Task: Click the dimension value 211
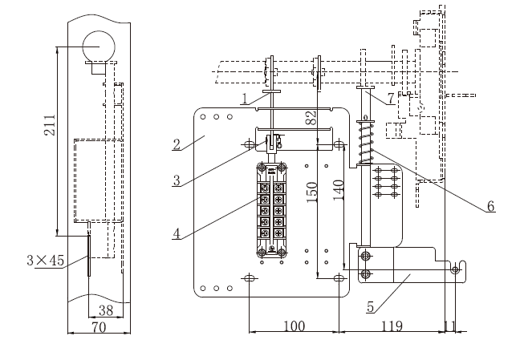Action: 50,125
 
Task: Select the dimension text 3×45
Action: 45,261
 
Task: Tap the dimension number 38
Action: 106,310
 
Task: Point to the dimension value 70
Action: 99,327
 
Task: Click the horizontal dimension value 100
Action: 295,326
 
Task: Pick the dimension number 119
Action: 392,326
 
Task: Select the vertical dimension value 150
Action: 311,192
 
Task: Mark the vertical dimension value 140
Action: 339,190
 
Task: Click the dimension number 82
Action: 311,118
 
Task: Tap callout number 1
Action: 245,99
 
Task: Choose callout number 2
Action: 177,144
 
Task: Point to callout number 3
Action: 177,180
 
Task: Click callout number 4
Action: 177,233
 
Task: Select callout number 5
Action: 371,307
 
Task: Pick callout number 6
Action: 491,206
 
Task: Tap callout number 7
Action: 391,98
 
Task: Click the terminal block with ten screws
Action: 271,211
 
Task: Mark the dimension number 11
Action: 449,326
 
